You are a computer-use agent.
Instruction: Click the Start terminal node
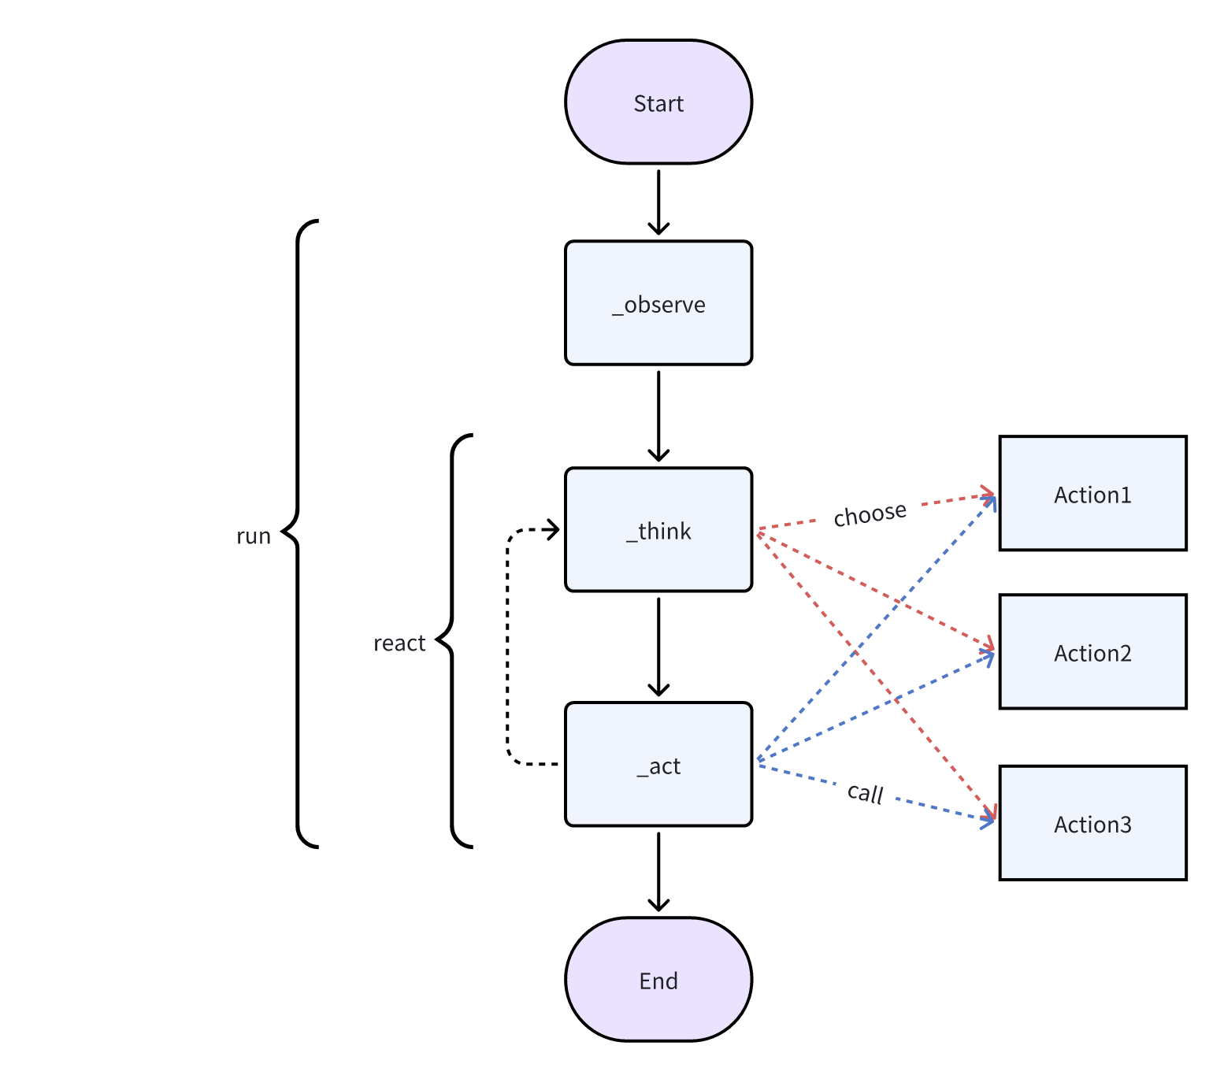point(658,102)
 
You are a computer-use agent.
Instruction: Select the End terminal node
point(658,980)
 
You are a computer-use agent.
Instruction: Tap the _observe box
point(658,303)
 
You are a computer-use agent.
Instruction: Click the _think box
point(658,530)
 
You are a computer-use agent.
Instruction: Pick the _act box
point(658,765)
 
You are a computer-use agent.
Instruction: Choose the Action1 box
point(1092,494)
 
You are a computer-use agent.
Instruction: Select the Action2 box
point(1092,652)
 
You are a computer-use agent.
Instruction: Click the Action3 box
point(1092,823)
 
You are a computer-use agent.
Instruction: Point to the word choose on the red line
point(870,514)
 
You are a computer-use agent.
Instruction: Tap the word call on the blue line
point(865,792)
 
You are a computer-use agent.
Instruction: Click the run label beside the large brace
point(253,536)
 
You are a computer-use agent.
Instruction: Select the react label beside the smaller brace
point(399,643)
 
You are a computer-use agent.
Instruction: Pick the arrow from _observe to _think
point(658,416)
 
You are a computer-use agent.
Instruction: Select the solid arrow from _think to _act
point(658,646)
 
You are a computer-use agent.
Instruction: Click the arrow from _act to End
point(658,871)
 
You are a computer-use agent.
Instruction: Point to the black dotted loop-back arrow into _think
point(508,646)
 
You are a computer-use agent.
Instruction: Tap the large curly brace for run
point(299,534)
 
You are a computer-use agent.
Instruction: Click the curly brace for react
point(453,641)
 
